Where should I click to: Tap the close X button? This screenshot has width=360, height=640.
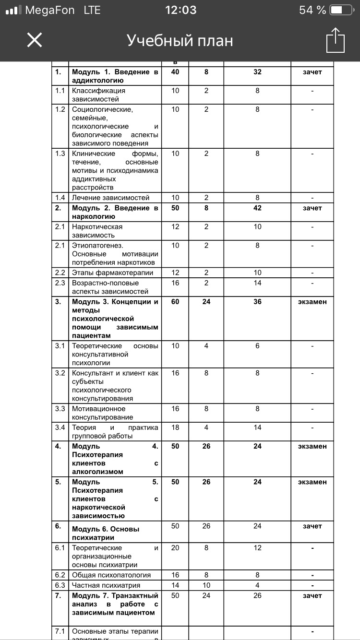[x=35, y=40]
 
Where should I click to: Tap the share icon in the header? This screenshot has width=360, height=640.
[x=335, y=40]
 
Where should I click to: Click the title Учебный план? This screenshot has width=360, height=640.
[x=180, y=41]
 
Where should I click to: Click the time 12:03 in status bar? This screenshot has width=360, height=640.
[x=180, y=10]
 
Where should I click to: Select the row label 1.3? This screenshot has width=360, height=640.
[x=60, y=154]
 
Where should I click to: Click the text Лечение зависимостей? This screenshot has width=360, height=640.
[x=111, y=198]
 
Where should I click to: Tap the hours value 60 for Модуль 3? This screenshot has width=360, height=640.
[x=175, y=302]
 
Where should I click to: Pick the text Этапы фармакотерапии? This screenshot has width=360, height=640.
[x=113, y=273]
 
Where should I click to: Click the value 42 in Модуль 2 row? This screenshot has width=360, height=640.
[x=257, y=208]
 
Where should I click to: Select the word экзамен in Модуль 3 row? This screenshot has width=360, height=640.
[x=312, y=302]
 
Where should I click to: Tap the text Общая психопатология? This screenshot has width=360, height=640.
[x=111, y=575]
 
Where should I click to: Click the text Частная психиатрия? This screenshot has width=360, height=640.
[x=106, y=585]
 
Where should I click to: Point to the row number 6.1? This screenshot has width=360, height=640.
[x=60, y=548]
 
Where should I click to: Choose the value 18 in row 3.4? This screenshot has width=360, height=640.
[x=175, y=427]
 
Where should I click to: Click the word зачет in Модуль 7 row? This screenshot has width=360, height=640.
[x=312, y=595]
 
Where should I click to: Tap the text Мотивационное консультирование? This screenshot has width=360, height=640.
[x=103, y=413]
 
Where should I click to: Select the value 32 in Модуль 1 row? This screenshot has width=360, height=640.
[x=257, y=72]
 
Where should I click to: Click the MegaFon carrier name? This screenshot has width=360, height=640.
[x=49, y=10]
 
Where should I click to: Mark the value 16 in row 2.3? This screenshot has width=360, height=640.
[x=175, y=283]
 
